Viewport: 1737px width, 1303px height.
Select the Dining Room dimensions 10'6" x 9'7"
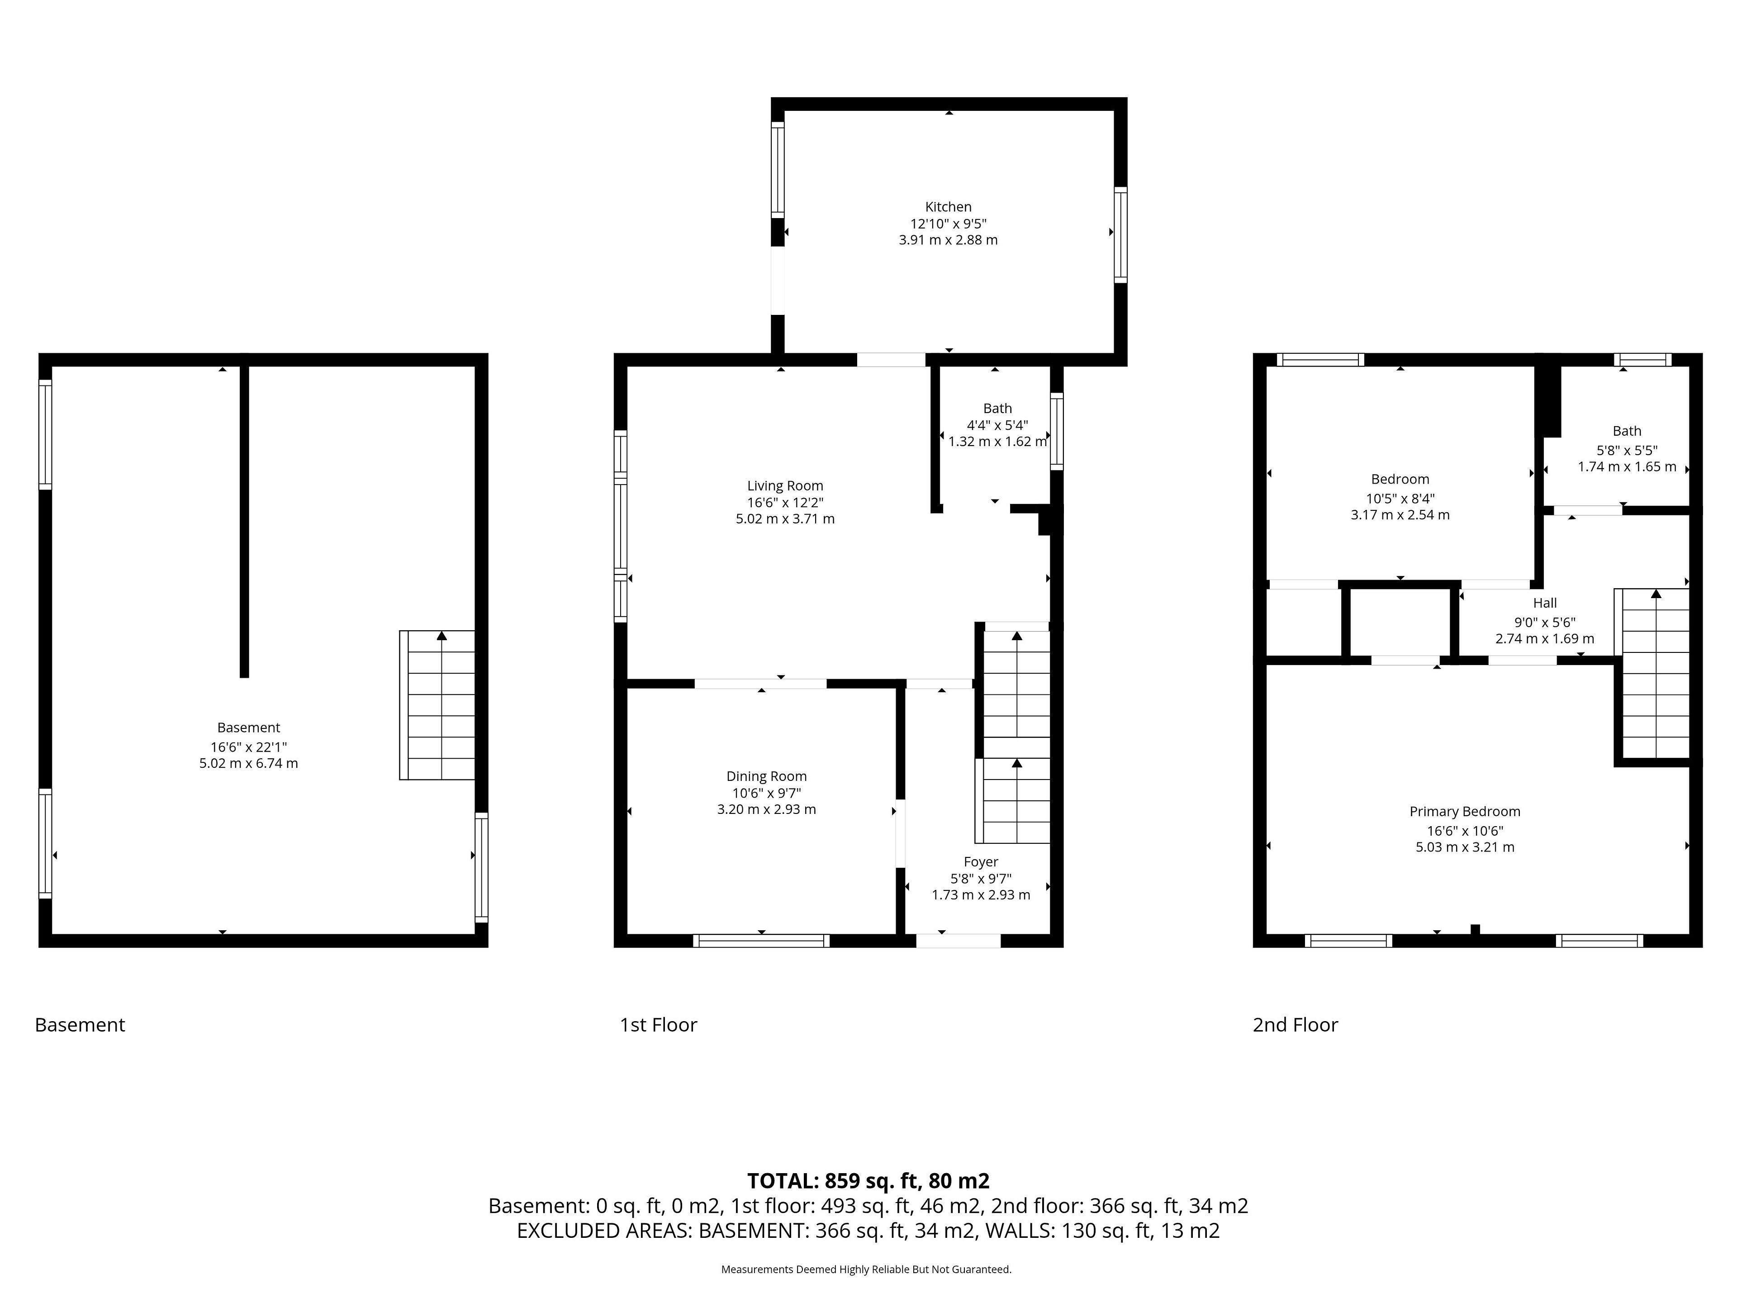(x=766, y=793)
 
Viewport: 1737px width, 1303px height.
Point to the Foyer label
(x=981, y=861)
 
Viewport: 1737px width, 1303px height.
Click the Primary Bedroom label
(x=1465, y=811)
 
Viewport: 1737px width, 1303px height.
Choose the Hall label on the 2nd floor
(x=1545, y=603)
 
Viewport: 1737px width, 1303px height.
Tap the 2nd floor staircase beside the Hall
(x=1652, y=674)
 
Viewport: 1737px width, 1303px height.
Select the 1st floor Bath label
(x=997, y=409)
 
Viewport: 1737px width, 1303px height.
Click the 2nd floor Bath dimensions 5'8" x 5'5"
(x=1627, y=451)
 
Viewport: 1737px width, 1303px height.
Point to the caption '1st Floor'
(x=658, y=1024)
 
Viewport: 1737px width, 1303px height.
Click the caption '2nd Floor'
(x=1295, y=1024)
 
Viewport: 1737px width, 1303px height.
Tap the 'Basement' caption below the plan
(x=80, y=1024)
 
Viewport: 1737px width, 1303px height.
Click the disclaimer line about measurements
(x=866, y=1269)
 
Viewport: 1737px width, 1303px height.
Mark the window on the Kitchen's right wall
(x=1120, y=235)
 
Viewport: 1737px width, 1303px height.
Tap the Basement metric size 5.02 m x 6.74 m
(x=248, y=763)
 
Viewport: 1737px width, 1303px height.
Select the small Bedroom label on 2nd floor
(x=1400, y=479)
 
